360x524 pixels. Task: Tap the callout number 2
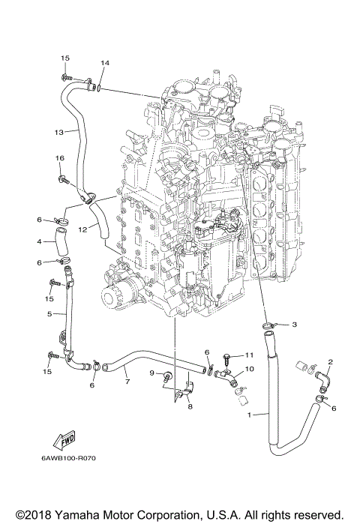[330, 362]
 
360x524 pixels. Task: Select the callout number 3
[295, 324]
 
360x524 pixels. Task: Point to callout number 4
[38, 241]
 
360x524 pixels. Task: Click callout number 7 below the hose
[127, 382]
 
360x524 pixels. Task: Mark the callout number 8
[190, 406]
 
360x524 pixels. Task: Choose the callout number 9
[151, 373]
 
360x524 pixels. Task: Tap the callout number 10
[250, 369]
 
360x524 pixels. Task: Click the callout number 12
[84, 228]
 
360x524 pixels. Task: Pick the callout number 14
[105, 63]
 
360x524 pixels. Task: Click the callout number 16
[60, 158]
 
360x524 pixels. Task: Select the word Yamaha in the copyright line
[75, 514]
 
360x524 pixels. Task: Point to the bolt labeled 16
[64, 178]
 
